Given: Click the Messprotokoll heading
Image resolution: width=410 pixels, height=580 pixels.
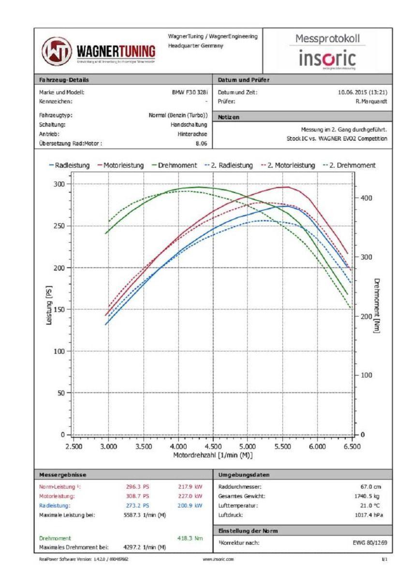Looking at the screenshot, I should coord(327,39).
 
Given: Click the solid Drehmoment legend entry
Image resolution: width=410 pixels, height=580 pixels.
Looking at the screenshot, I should coord(174,165).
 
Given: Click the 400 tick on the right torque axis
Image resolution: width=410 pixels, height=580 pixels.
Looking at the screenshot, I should coord(366,198).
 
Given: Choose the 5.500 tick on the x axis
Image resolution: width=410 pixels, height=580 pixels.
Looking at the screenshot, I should coord(282,446).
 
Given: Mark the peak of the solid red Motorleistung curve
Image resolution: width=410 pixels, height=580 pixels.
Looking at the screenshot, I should coord(288,187).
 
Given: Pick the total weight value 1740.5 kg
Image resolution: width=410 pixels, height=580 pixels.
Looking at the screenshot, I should coord(371,496).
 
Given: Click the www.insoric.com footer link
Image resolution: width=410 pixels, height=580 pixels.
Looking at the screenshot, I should coord(219,559).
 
